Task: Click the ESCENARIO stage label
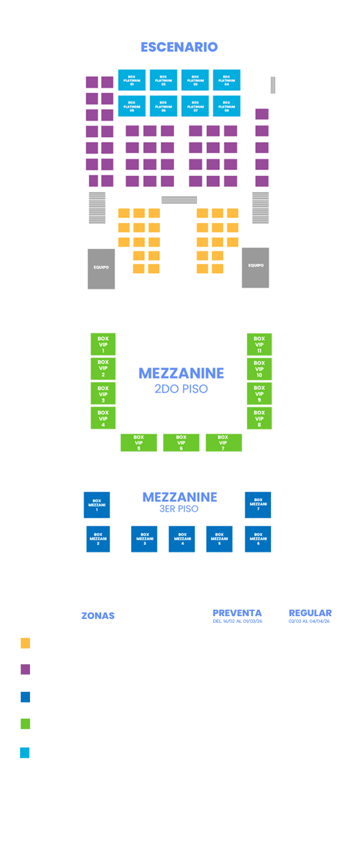179,47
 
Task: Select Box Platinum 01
132,80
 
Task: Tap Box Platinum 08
226,106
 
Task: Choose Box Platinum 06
163,106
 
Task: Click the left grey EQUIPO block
101,268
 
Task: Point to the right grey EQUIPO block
255,267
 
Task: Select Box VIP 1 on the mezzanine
103,345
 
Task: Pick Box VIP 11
259,345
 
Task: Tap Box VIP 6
181,443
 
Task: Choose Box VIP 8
259,418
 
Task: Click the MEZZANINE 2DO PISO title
181,380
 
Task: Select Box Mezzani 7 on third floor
258,505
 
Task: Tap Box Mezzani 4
182,539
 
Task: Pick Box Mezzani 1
97,505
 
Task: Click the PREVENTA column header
237,613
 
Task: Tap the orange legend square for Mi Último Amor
25,643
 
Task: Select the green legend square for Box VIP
25,724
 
